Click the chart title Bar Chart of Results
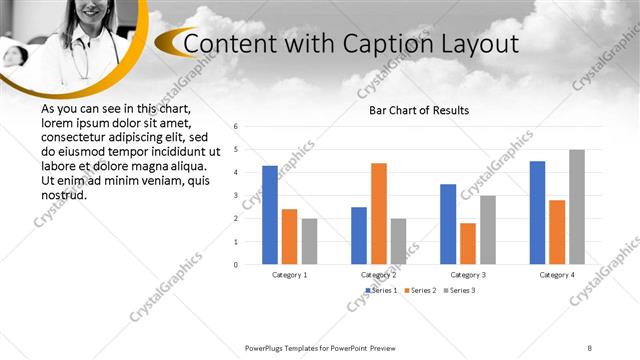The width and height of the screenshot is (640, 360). point(419,110)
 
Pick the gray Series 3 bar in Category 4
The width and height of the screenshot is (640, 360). point(577,207)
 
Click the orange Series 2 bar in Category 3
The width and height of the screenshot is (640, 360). point(468,243)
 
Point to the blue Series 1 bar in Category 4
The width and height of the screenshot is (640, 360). point(537,212)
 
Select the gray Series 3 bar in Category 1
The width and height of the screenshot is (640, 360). point(309,241)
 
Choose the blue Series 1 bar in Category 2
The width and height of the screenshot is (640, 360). point(359,235)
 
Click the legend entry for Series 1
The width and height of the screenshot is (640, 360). point(382,290)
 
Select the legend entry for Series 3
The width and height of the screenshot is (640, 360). point(461,290)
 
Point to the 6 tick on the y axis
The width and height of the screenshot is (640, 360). point(235,127)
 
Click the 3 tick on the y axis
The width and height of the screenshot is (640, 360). point(235,195)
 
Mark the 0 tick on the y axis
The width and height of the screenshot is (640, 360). point(235,264)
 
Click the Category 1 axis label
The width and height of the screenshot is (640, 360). point(290,274)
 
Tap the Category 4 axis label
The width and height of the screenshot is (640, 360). point(557,274)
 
